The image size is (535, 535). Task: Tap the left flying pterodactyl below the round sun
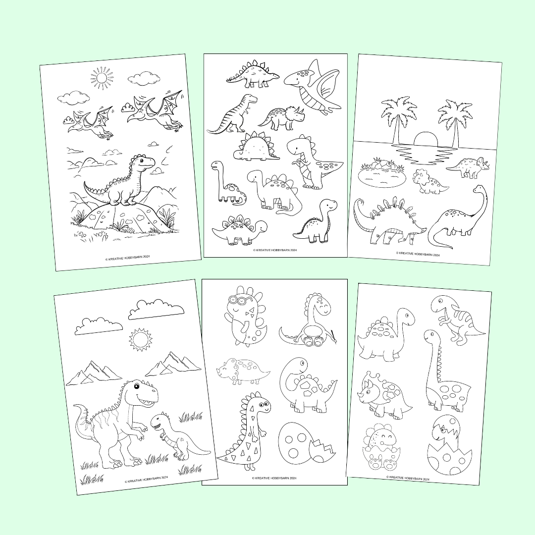pos(89,121)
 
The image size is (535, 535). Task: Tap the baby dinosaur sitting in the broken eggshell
pos(382,448)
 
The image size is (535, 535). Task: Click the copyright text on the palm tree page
pos(418,254)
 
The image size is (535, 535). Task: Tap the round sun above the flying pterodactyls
pos(102,78)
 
